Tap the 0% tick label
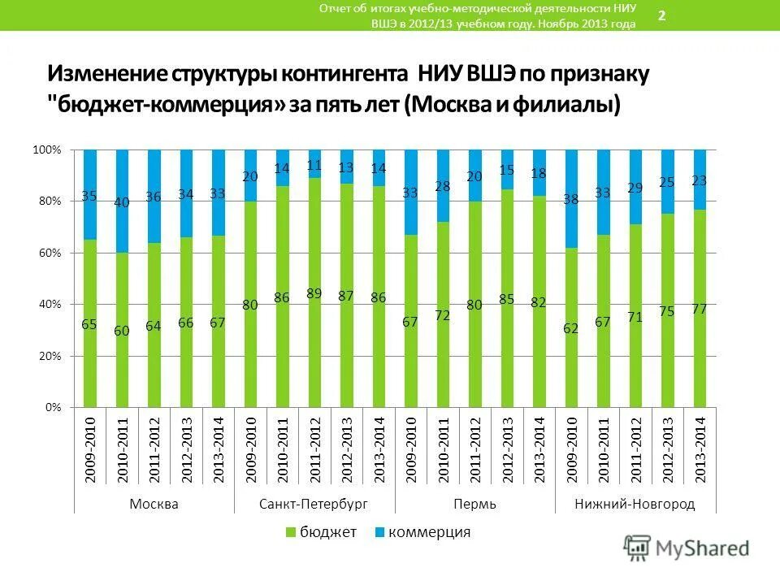53,406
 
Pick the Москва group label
154,504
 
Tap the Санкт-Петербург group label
314,504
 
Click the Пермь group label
474,504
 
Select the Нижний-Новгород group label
635,504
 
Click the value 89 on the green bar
314,294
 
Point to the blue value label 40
122,202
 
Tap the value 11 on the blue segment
314,164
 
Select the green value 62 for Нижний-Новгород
570,328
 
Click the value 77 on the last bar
699,309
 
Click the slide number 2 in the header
661,15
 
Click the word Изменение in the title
106,75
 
